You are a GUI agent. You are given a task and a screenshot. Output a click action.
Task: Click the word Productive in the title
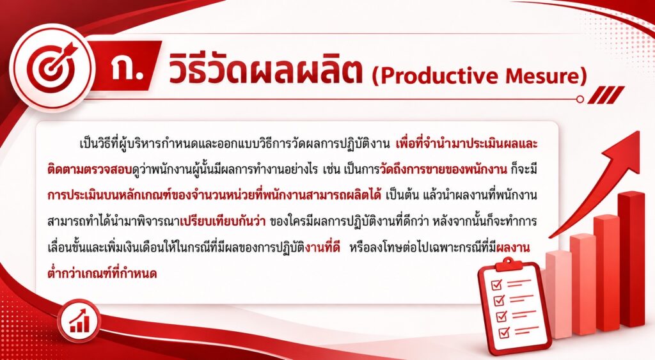click(x=438, y=76)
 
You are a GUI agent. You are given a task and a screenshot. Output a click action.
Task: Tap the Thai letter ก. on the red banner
click(x=127, y=68)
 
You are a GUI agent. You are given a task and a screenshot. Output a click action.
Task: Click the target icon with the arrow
click(x=51, y=67)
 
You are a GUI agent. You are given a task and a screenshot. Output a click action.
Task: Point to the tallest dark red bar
click(x=632, y=259)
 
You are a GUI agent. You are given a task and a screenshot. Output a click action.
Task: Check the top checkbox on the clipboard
click(x=496, y=285)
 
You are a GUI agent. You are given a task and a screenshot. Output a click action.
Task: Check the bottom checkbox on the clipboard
click(x=505, y=332)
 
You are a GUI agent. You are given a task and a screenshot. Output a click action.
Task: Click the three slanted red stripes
click(x=606, y=95)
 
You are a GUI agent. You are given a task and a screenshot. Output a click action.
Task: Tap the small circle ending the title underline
click(x=580, y=99)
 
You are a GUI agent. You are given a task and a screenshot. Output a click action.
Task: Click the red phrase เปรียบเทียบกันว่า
click(x=223, y=221)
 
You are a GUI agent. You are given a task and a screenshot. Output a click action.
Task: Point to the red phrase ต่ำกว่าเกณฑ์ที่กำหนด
click(x=102, y=274)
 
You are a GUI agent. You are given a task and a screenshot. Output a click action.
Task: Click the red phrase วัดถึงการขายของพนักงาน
click(x=443, y=169)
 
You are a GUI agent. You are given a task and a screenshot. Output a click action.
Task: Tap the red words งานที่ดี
click(x=322, y=247)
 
